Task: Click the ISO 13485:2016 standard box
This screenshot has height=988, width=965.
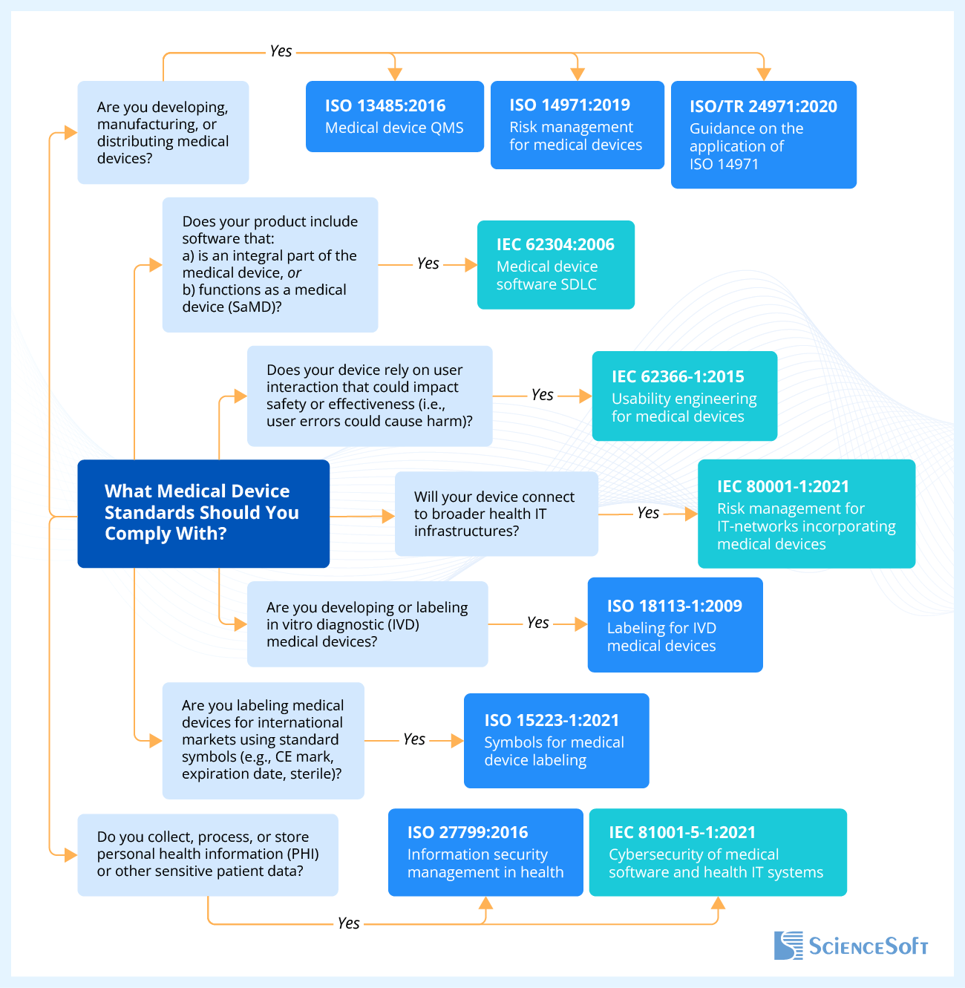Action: tap(394, 117)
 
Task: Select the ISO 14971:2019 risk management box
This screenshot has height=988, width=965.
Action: tap(577, 125)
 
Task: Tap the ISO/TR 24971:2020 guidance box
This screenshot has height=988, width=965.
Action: tap(763, 134)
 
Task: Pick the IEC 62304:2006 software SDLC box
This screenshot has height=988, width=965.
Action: tap(555, 264)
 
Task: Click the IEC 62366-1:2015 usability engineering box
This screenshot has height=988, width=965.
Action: tap(684, 396)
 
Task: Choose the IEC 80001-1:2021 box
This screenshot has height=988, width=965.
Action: tap(806, 514)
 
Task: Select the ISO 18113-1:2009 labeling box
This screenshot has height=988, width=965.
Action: tap(675, 625)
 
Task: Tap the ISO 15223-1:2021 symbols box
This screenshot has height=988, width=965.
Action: tap(556, 740)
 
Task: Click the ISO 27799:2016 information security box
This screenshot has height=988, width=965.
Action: tap(485, 852)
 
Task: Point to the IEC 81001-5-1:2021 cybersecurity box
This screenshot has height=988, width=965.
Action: tap(717, 852)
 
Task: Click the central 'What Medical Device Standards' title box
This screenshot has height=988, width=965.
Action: tap(203, 513)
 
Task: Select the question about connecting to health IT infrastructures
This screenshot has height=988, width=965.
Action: tap(496, 514)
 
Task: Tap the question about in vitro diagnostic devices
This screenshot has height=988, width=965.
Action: tap(367, 624)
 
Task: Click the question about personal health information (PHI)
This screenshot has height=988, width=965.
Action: tap(208, 854)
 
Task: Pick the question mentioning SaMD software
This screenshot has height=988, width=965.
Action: tap(270, 264)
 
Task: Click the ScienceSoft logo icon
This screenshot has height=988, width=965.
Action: tap(788, 946)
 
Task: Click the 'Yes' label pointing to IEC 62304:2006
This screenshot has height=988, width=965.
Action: tap(428, 264)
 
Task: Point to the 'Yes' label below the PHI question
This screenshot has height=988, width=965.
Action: tap(348, 923)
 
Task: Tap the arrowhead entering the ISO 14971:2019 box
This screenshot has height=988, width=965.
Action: tap(578, 74)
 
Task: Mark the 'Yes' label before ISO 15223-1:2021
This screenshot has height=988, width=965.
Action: tap(414, 739)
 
